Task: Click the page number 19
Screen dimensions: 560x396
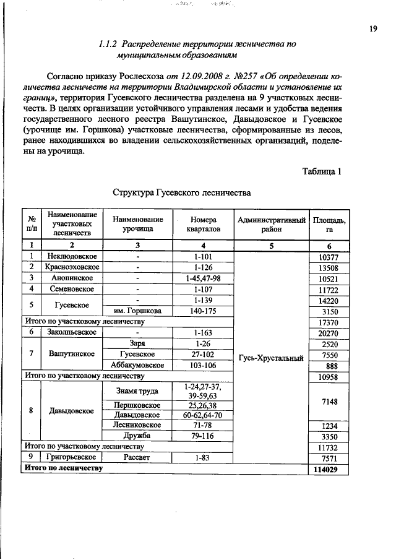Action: pyautogui.click(x=374, y=28)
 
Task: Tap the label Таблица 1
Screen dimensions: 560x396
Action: pyautogui.click(x=322, y=171)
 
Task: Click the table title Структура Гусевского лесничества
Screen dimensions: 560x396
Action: pyautogui.click(x=182, y=192)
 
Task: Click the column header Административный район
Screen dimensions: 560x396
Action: pyautogui.click(x=271, y=225)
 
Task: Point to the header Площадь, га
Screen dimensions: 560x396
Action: pyautogui.click(x=329, y=225)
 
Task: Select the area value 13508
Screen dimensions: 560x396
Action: pyautogui.click(x=329, y=267)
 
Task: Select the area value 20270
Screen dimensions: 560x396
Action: pyautogui.click(x=329, y=333)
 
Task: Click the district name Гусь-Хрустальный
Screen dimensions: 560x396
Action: pyautogui.click(x=271, y=358)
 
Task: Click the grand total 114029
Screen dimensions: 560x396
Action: pyautogui.click(x=329, y=469)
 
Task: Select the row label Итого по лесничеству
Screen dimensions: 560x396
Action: pyautogui.click(x=62, y=468)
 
